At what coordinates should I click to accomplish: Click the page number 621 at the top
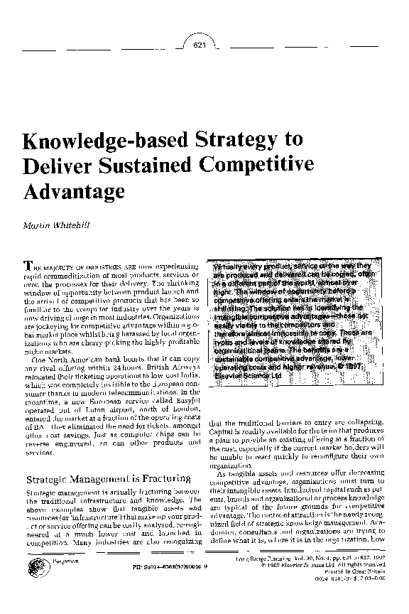[200, 46]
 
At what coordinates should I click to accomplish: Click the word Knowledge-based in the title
[108, 139]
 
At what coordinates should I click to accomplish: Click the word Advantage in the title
[75, 190]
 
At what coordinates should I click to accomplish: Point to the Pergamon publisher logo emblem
[36, 569]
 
